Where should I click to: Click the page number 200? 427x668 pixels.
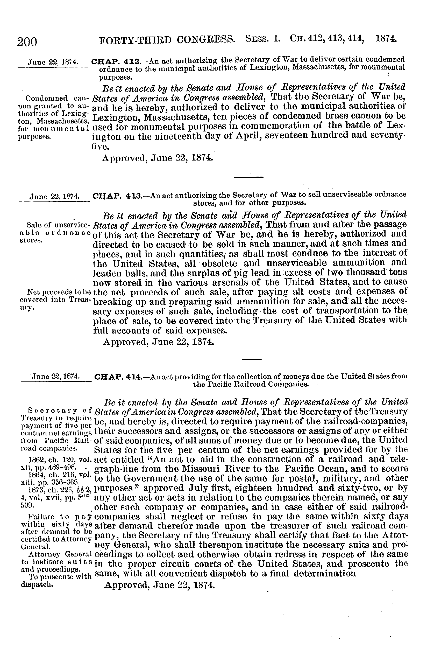(27, 42)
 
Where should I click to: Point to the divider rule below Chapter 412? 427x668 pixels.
(248, 177)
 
